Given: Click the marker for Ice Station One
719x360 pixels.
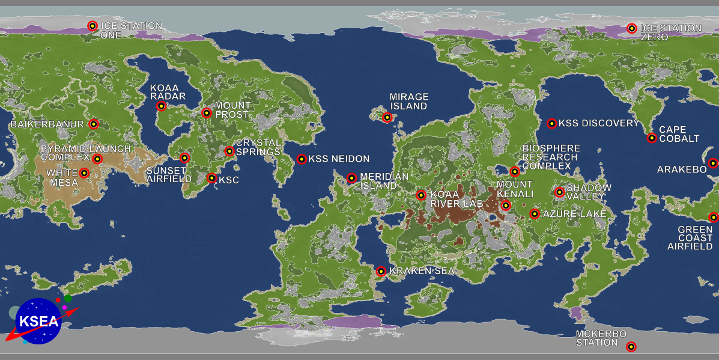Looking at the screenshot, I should [93, 26].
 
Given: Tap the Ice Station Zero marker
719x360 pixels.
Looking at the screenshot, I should [631, 28].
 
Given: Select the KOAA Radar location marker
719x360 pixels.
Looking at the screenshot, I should [161, 106].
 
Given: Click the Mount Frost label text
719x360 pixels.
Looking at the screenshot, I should [232, 110].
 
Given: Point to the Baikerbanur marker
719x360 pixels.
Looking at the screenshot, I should [93, 124].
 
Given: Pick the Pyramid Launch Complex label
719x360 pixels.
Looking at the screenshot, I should [85, 153].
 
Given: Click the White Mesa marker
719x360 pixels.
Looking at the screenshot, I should [84, 173].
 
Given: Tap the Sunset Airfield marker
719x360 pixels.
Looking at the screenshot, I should [184, 158].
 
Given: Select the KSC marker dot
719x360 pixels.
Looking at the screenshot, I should [211, 178].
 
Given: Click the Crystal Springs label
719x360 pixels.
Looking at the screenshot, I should [258, 147].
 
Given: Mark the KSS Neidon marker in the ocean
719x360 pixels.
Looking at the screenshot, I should [302, 159].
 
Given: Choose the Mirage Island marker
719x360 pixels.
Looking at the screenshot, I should [387, 117].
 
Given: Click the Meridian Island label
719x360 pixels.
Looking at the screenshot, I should [384, 181].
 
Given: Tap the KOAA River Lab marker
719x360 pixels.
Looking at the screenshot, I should [421, 195].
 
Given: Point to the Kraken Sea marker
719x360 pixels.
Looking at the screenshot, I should [381, 272].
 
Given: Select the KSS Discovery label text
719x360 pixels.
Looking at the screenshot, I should [599, 123].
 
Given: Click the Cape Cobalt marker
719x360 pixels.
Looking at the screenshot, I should [652, 138].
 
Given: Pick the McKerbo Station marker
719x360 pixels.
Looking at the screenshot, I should [631, 347].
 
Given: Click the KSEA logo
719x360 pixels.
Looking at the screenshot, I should [38, 321].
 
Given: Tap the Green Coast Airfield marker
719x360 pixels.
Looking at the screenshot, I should [713, 218].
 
